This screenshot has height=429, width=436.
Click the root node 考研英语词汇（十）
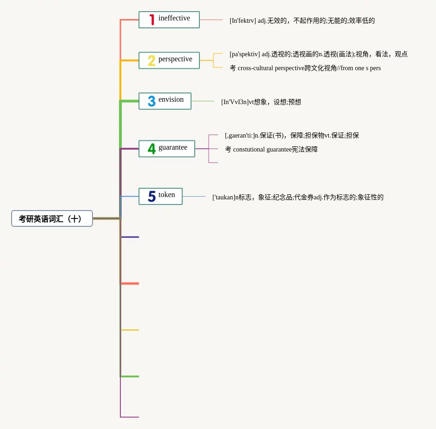pos(52,218)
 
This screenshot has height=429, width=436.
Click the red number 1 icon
pos(152,20)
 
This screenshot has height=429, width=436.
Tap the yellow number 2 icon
pos(152,60)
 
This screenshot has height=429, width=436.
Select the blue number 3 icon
pos(152,101)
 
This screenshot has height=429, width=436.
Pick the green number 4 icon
pos(152,149)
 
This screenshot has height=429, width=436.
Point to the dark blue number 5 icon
pos(152,197)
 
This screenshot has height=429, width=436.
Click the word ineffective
pos(174,18)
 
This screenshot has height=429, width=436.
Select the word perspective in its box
pos(175,59)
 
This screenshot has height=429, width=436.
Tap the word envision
pos(171,99)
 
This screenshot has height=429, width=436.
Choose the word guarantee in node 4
pos(173,147)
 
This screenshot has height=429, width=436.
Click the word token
pos(167,195)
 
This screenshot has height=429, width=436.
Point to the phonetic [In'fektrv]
pos(243,21)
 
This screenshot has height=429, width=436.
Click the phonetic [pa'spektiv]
pos(244,54)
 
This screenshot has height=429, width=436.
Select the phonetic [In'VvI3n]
pos(235,102)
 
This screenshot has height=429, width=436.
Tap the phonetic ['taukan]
pos(224,198)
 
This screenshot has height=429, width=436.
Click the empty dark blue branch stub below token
pos(130,237)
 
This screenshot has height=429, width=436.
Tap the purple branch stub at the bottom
pos(130,417)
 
